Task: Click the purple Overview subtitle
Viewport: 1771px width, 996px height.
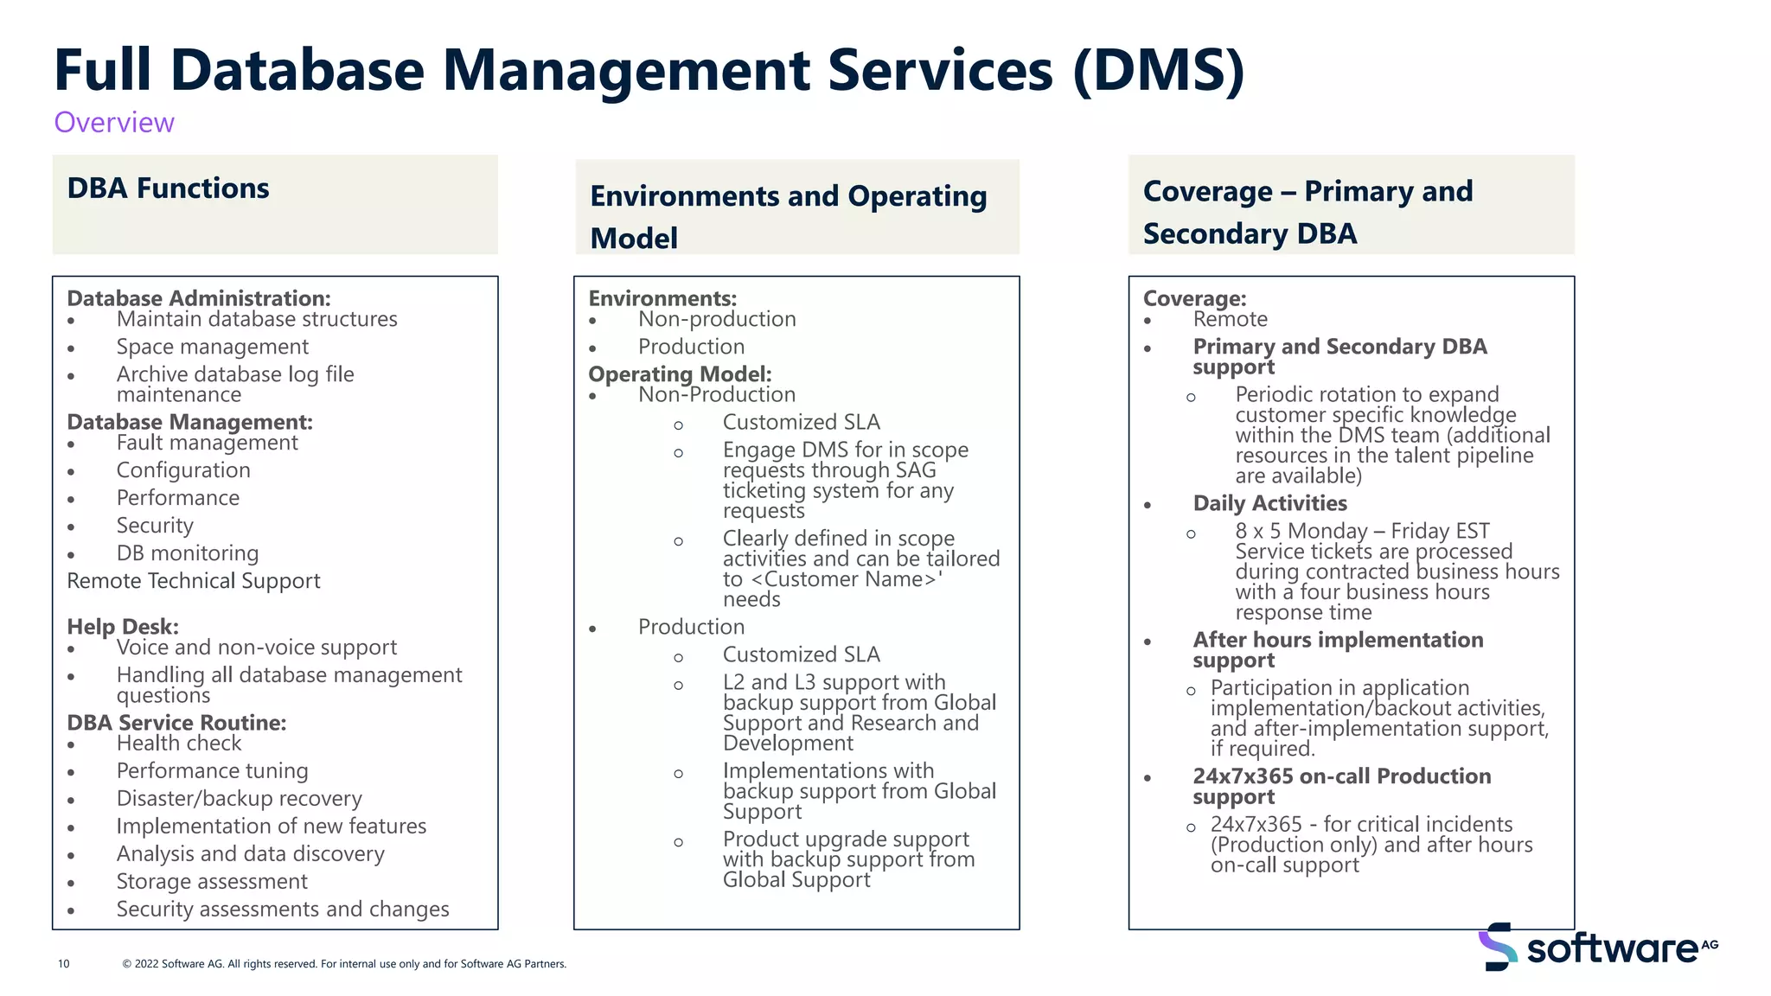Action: [114, 123]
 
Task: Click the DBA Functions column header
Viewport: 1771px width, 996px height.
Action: [169, 188]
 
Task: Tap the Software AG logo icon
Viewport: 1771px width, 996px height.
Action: [1497, 947]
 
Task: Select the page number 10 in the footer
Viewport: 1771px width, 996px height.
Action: [63, 964]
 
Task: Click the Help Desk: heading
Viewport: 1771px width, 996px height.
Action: [123, 627]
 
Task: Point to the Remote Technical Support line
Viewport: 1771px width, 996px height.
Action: [194, 581]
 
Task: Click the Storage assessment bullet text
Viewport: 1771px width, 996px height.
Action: [212, 882]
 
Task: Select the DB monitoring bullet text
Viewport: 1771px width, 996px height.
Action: [188, 553]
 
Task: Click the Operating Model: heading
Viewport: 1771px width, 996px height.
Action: [680, 374]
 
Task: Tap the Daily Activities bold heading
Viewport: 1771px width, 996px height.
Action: [1269, 503]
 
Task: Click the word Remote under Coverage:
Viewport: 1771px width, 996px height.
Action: [1230, 319]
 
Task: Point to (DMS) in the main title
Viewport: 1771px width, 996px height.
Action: [1158, 71]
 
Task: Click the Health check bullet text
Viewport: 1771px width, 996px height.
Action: [179, 744]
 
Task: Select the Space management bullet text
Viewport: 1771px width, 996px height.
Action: [213, 347]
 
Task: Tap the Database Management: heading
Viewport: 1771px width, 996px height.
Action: [189, 422]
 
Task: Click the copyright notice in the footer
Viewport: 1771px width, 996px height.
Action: [344, 964]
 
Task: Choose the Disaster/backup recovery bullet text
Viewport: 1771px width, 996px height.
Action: [240, 799]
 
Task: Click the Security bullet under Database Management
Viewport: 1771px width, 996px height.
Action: [155, 526]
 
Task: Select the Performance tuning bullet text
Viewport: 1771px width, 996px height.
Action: [213, 771]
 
